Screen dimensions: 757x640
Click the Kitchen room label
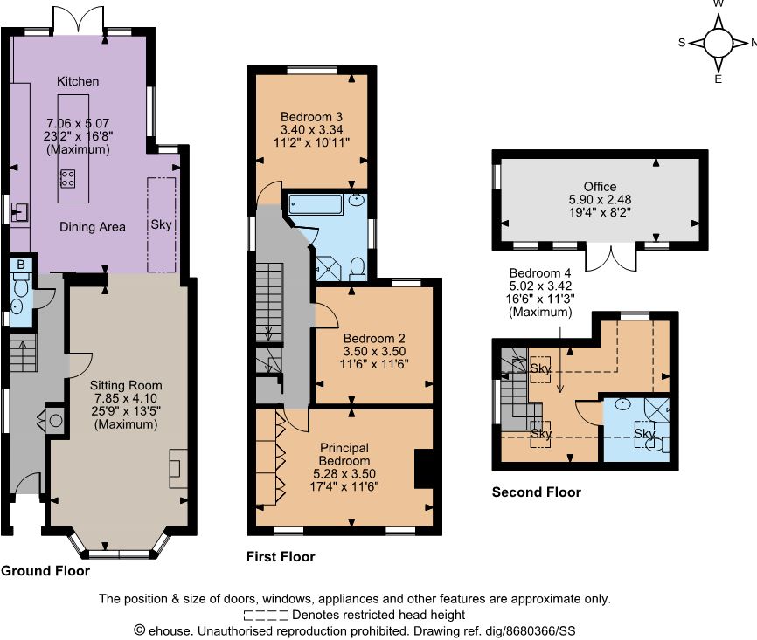78,81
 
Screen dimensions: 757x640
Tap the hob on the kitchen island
67,178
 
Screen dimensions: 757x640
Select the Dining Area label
92,227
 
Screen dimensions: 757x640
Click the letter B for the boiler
21,265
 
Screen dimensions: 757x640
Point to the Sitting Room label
126,385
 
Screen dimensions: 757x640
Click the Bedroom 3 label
311,117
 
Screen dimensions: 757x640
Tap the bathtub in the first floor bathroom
316,204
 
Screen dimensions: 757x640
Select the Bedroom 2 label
374,338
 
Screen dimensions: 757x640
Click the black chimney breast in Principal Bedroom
423,469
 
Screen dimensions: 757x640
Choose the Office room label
601,187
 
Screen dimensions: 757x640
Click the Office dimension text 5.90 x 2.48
601,200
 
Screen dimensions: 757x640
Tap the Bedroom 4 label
540,273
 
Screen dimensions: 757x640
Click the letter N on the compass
754,43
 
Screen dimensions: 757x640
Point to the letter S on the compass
682,43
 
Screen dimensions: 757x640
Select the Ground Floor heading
45,571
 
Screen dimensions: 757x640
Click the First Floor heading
281,556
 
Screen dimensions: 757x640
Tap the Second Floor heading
537,492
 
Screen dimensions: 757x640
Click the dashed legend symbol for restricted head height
266,615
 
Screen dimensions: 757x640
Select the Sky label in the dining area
161,224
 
